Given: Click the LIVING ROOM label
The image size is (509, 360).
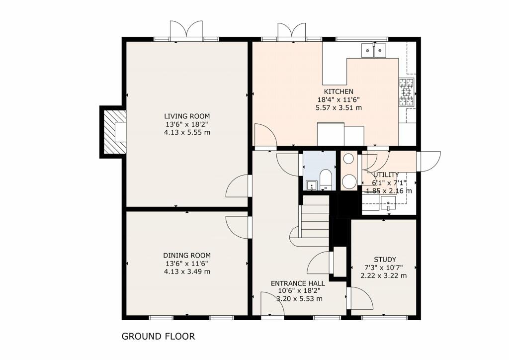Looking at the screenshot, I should click(186, 116).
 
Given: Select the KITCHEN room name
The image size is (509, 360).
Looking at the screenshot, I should click(339, 91).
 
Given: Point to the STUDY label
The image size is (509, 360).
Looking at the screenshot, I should click(385, 260).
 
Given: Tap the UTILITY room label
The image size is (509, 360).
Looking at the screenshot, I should click(386, 175).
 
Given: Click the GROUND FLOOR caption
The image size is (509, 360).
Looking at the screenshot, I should click(158, 337).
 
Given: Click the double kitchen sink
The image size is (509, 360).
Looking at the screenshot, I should click(373, 50).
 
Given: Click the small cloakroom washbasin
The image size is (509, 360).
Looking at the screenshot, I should click(312, 185).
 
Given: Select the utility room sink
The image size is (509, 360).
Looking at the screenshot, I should click(387, 203).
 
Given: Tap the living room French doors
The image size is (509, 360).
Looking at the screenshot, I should click(186, 31).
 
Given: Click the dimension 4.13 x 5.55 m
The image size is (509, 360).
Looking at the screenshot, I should click(186, 132).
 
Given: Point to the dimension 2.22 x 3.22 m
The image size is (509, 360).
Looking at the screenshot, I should click(385, 275).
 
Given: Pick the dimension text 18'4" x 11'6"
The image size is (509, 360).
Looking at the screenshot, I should click(339, 99).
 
